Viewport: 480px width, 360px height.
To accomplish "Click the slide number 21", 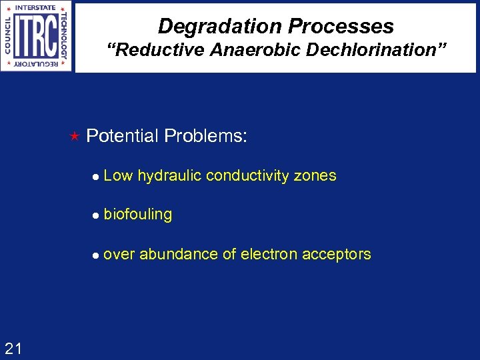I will (13, 347).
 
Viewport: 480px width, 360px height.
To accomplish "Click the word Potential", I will (123, 136).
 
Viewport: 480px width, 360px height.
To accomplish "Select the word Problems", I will (206, 136).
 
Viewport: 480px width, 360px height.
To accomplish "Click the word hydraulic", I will (169, 176).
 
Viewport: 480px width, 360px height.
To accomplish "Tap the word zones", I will (316, 176).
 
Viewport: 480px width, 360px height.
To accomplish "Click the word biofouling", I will (138, 215).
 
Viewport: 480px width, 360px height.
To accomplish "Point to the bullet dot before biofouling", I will (97, 215).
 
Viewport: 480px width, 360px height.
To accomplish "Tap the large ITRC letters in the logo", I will (35, 36).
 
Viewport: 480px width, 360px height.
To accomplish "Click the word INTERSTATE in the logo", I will (35, 8).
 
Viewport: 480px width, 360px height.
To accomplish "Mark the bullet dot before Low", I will (97, 177).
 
